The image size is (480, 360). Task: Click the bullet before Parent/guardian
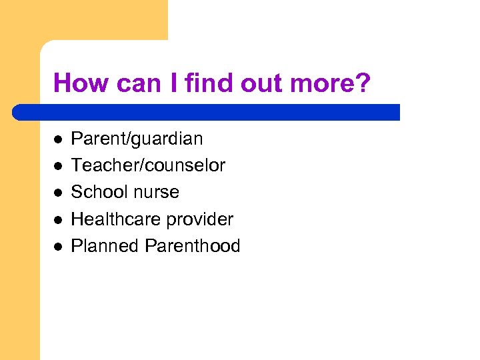point(58,139)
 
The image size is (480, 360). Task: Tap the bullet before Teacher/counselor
point(58,166)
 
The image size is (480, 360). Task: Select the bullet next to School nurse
point(58,193)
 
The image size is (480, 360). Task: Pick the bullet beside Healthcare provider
point(58,219)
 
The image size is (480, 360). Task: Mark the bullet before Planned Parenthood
point(58,246)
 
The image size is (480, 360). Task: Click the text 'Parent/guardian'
point(137,139)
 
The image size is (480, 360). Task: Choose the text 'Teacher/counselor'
point(148,165)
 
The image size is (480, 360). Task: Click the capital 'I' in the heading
point(169,83)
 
